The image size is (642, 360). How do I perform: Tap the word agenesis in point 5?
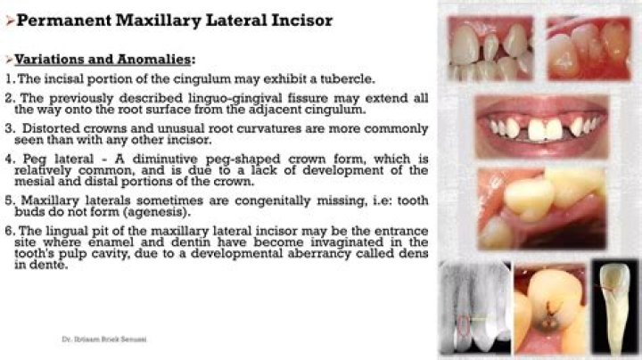point(207,214)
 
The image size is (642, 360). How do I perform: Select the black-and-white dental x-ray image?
point(475,309)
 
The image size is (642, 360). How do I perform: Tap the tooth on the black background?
point(613,307)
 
